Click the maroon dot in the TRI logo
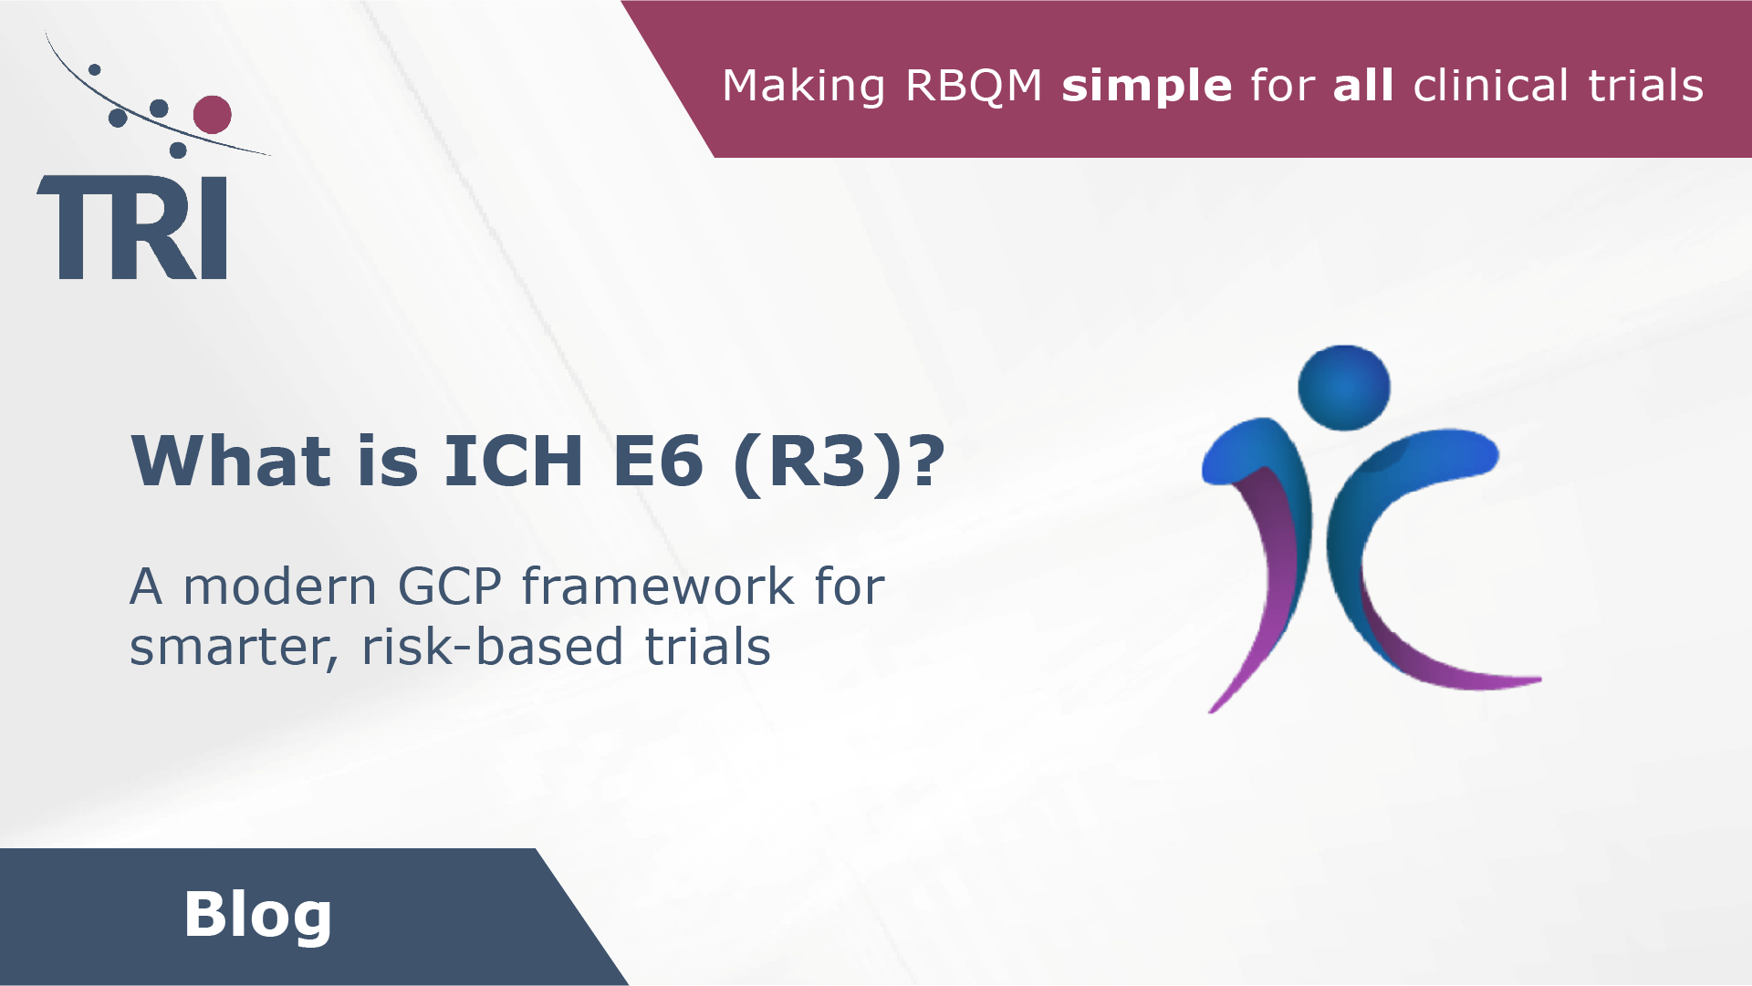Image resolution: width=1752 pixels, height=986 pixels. tap(212, 115)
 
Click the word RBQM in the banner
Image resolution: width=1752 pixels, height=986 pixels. tap(973, 86)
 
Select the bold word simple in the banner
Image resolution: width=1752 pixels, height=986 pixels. tap(1146, 86)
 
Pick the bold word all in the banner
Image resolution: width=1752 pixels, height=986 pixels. tap(1362, 86)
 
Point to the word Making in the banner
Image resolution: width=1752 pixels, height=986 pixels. tap(803, 86)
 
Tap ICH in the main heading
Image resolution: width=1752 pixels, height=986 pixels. tap(513, 462)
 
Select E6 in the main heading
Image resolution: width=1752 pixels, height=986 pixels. tap(658, 462)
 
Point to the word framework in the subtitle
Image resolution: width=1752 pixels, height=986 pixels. tap(658, 586)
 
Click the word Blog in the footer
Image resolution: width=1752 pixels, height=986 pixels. tap(257, 915)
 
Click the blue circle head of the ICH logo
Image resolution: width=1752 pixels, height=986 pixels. tap(1343, 388)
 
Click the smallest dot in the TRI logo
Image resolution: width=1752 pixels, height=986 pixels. tap(94, 69)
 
